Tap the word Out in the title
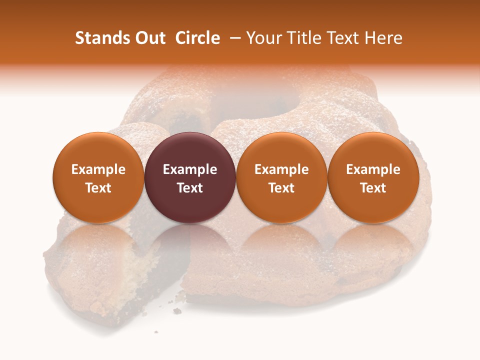(x=149, y=38)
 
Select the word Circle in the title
(x=198, y=38)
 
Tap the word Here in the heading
(x=385, y=38)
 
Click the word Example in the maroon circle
(x=190, y=169)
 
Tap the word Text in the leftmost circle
(x=98, y=188)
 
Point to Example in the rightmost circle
(x=373, y=169)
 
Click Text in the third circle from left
(x=281, y=188)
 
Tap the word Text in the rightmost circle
(x=373, y=188)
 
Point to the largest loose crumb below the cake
(x=177, y=311)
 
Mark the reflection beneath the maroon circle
(x=190, y=245)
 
